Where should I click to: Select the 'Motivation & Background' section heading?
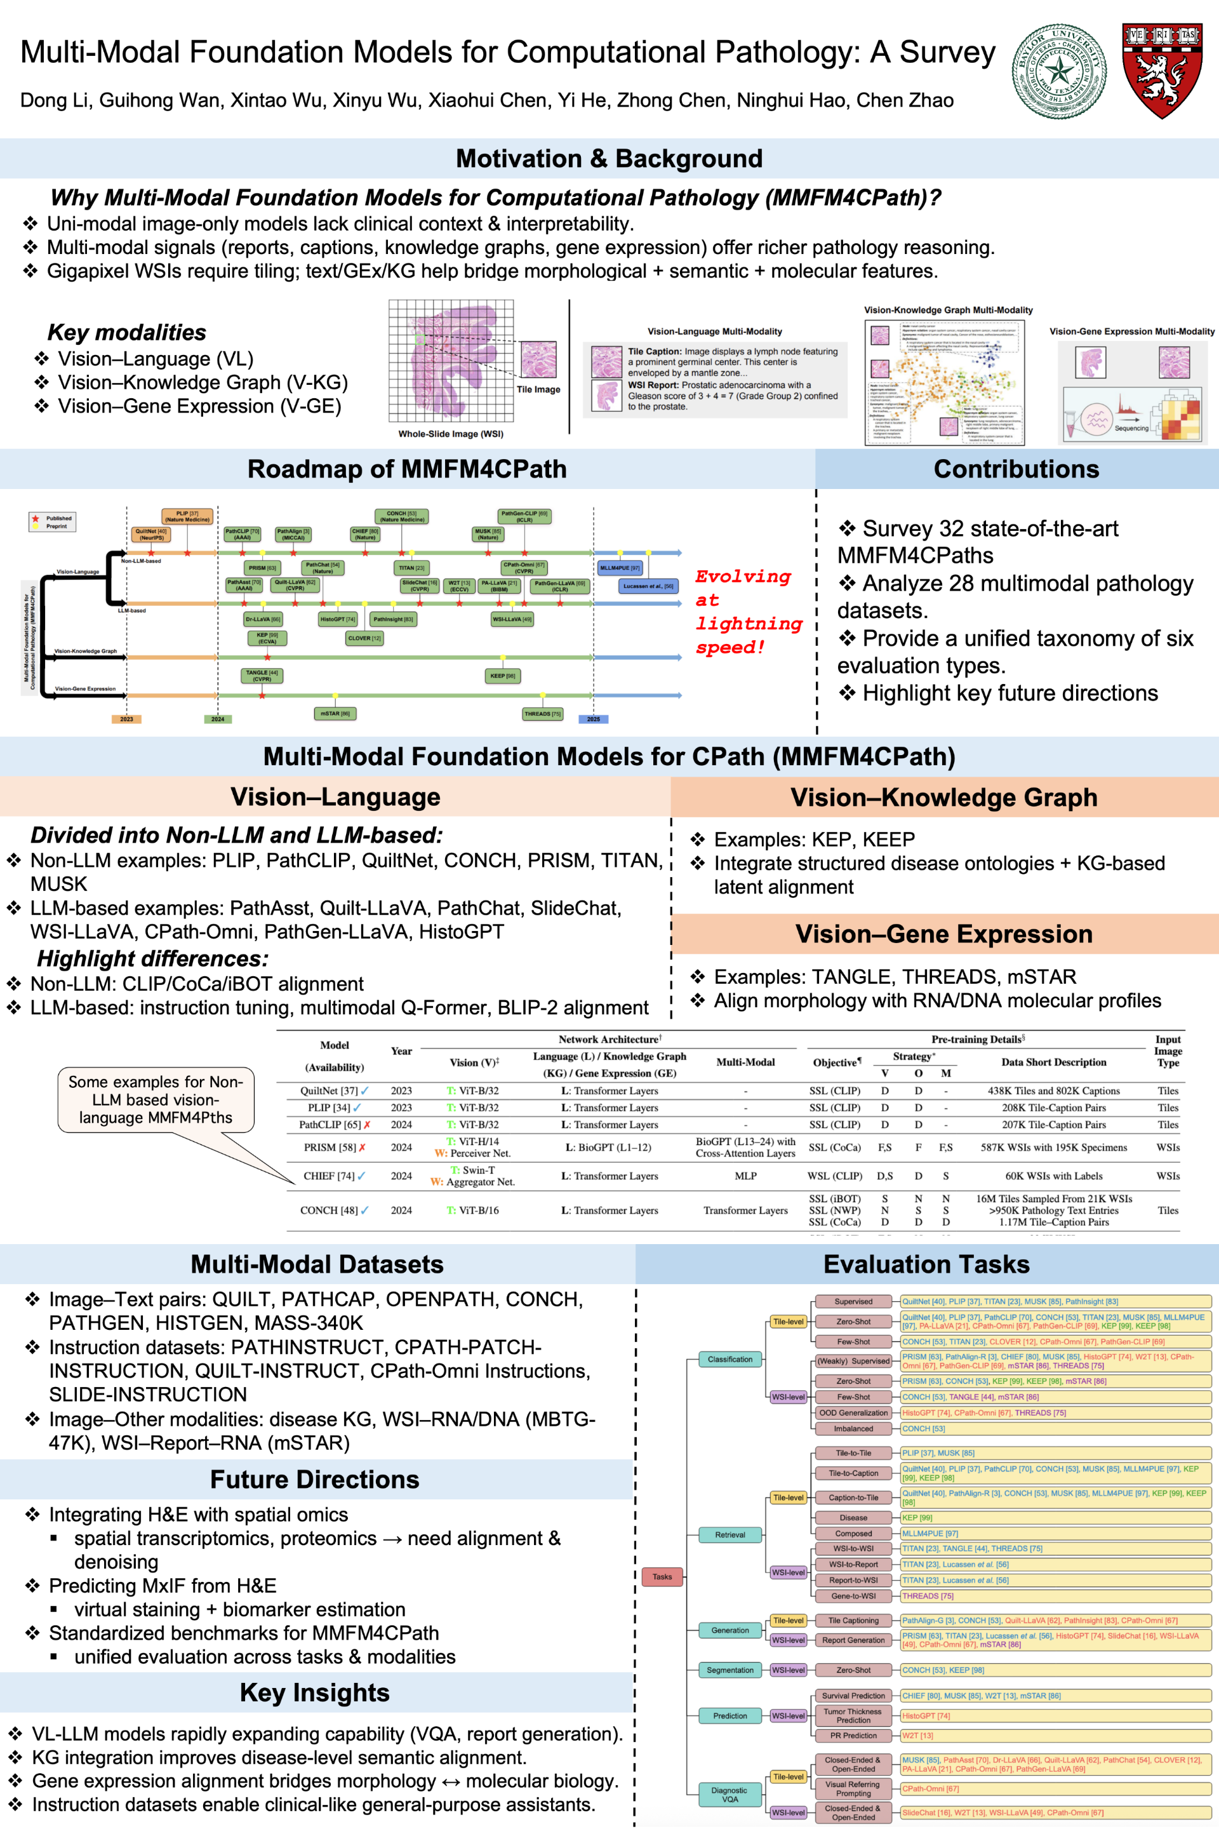pos(609,159)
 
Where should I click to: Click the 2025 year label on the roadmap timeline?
pos(593,718)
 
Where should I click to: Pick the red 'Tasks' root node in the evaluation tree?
pos(662,1576)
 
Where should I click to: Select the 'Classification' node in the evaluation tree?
pos(730,1359)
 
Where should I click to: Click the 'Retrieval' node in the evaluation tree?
pos(730,1534)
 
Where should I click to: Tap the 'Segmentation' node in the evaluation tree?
pos(730,1670)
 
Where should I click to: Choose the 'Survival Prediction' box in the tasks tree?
pos(853,1695)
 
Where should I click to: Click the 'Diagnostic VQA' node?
pos(729,1794)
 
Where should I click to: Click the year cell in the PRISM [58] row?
pos(401,1147)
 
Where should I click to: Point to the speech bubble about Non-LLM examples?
pos(156,1099)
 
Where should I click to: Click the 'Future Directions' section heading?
pos(314,1479)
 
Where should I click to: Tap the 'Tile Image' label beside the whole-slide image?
pos(538,389)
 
